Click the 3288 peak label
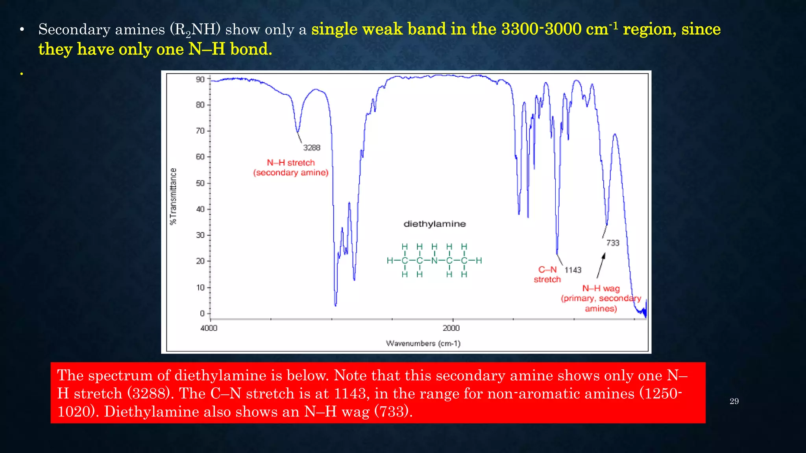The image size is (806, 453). tap(312, 148)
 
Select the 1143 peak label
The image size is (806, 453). tap(573, 270)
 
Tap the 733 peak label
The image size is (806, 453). tap(613, 243)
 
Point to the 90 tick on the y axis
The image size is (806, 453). tap(201, 79)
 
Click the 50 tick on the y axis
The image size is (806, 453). tap(201, 183)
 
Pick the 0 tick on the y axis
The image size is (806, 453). tap(202, 313)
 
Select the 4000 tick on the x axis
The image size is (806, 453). tap(209, 328)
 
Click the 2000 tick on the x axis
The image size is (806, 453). tap(451, 328)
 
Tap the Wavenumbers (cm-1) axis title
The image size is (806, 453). tap(423, 344)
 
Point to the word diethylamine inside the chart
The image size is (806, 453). tap(434, 224)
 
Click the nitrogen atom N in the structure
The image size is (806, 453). tap(434, 261)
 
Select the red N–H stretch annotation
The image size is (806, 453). tap(291, 168)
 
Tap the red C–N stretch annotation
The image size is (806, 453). tap(547, 274)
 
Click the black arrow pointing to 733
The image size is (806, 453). tap(601, 266)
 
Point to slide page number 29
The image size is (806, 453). tap(734, 401)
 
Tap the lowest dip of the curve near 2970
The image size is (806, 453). tap(335, 304)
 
